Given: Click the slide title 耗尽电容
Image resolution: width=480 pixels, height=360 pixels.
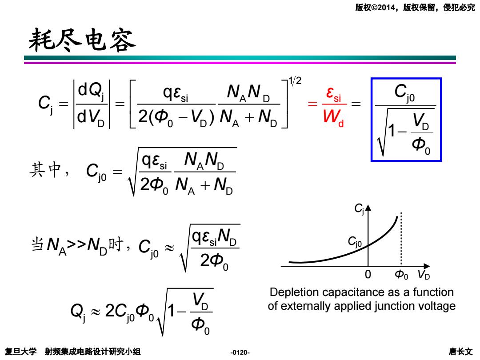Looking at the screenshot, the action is tap(82, 40).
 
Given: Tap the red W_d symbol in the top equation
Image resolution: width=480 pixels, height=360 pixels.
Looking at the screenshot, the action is tap(333, 117).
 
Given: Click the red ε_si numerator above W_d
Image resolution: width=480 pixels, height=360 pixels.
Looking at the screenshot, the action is tap(333, 94).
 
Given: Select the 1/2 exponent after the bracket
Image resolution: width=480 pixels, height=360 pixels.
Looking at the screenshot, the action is tap(295, 81).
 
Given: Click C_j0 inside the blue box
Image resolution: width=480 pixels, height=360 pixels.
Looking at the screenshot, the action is tap(404, 92).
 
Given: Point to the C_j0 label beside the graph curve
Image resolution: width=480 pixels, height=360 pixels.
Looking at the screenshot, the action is tap(355, 242).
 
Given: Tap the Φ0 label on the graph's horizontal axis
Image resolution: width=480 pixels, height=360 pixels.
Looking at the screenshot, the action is tap(401, 275).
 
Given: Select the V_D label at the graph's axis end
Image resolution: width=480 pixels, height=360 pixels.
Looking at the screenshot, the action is tap(424, 275).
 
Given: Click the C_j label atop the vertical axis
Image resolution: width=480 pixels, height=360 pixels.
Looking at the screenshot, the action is tap(359, 209).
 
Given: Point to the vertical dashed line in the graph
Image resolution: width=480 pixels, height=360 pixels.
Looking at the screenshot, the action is tap(401, 239).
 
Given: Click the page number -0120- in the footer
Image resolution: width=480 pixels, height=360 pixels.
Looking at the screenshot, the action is tap(240, 352).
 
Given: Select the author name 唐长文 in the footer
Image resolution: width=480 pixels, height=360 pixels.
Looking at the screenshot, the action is tap(461, 352).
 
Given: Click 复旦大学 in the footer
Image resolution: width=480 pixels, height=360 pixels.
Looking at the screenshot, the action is tap(21, 352).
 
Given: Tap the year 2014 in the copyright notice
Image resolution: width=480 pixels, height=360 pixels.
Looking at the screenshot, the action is tap(386, 8).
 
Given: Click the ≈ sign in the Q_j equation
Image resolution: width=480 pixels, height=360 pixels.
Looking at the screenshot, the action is tap(96, 312).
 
